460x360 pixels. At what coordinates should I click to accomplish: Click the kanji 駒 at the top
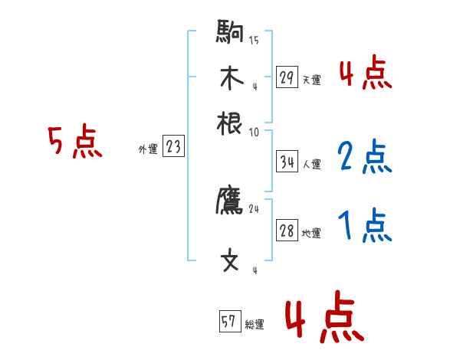tap(230, 33)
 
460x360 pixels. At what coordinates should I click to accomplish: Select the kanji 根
tap(230, 122)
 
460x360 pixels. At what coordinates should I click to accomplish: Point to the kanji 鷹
tap(230, 201)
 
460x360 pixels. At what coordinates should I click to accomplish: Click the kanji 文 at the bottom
tap(230, 260)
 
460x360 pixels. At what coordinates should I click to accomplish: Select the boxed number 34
tap(287, 162)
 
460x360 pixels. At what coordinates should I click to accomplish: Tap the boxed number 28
tap(287, 231)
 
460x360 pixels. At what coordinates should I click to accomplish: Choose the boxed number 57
tap(229, 322)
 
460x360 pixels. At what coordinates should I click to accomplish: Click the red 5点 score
tap(75, 143)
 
